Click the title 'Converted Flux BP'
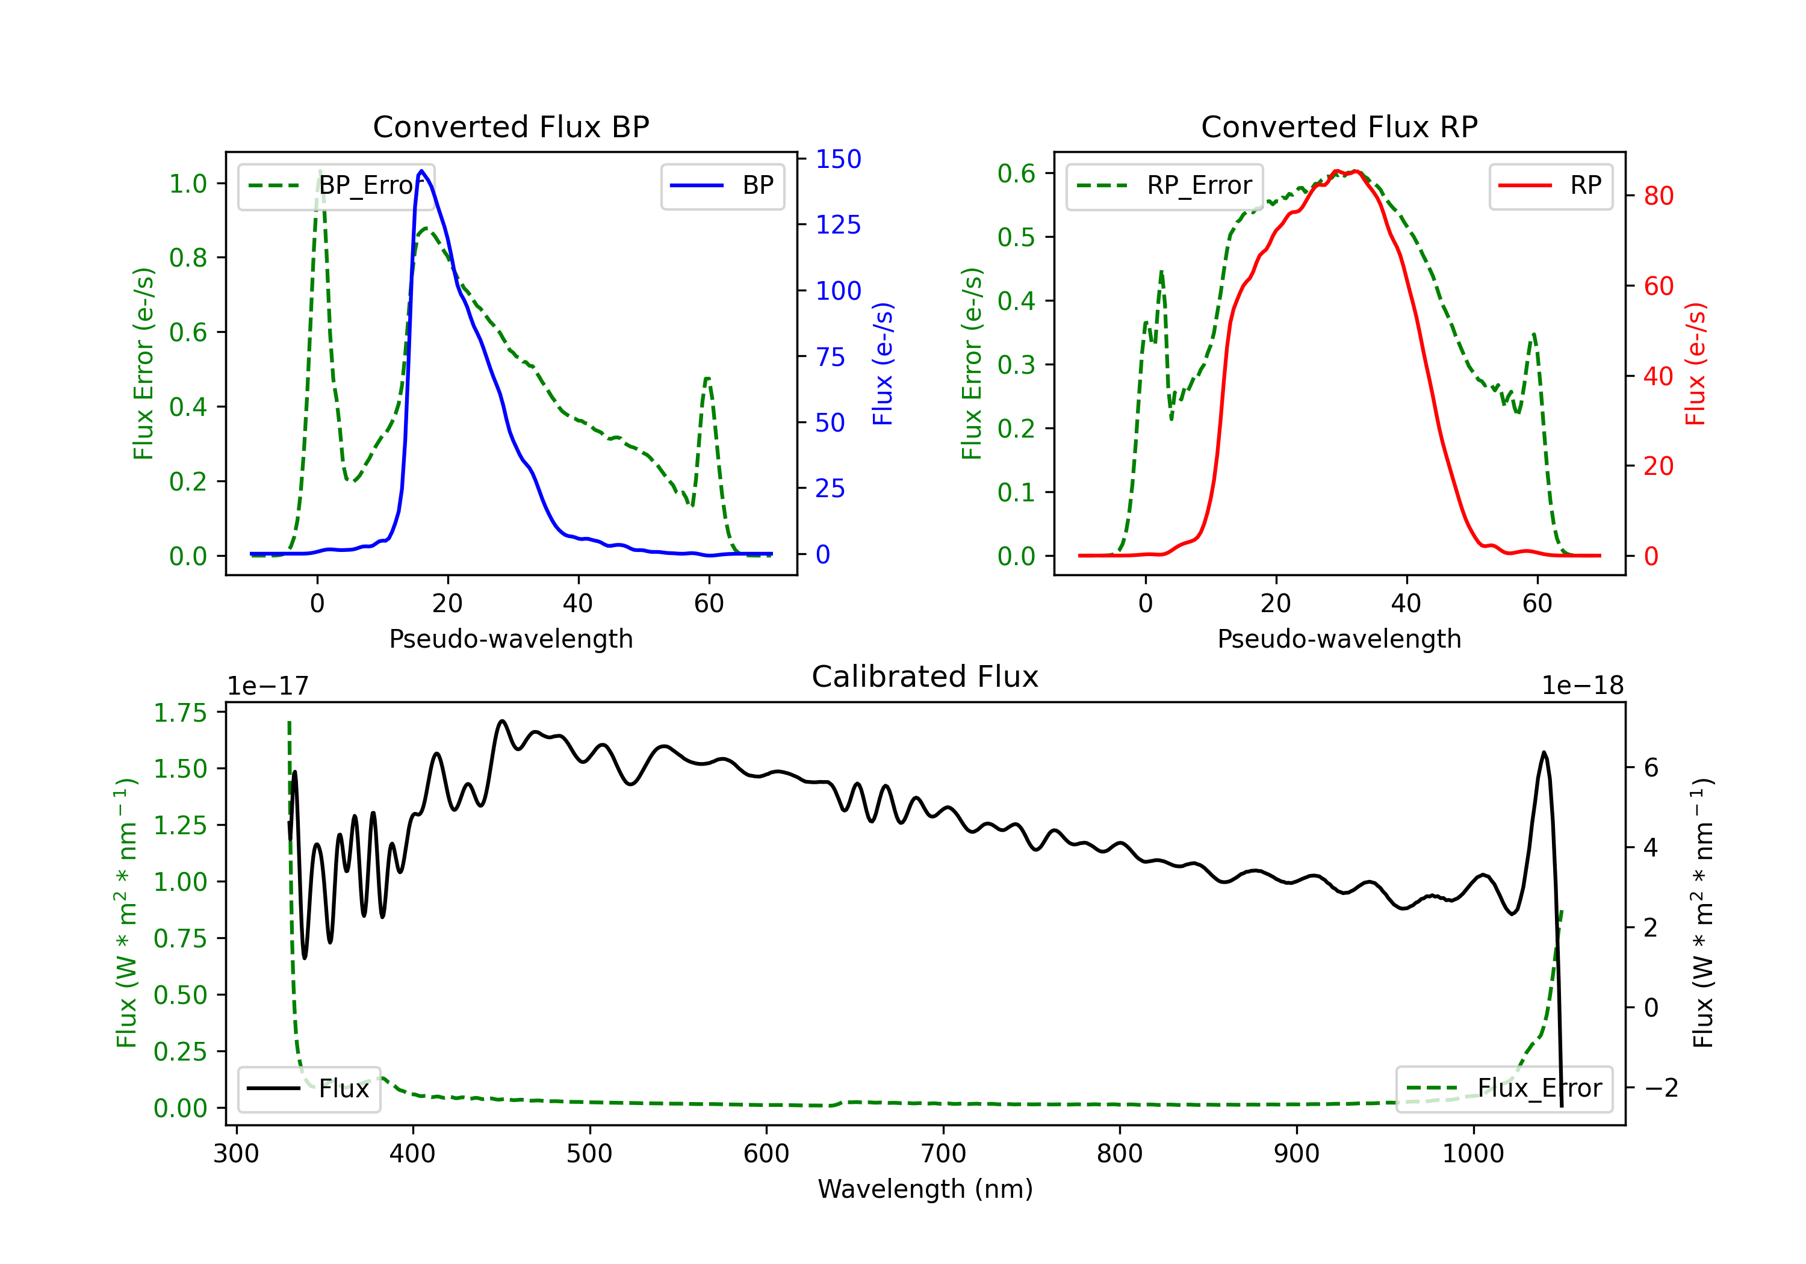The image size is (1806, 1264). click(x=510, y=126)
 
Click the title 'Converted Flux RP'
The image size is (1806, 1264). click(x=1339, y=126)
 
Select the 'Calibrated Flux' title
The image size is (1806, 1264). click(x=925, y=677)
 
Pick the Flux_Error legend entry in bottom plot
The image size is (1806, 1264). click(x=1504, y=1089)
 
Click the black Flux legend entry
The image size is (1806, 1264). click(x=308, y=1089)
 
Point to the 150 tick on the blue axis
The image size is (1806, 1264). click(x=838, y=159)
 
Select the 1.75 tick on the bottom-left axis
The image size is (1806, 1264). click(x=179, y=713)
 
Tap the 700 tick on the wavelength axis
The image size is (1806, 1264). click(x=943, y=1154)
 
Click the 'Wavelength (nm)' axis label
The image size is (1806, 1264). click(x=925, y=1189)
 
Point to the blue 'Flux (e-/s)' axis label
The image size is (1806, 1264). click(x=883, y=364)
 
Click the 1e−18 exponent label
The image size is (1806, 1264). click(x=1583, y=686)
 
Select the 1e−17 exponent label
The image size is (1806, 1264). click(x=268, y=686)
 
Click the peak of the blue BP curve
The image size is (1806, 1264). click(x=421, y=171)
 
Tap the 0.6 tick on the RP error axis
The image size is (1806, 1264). click(x=1016, y=173)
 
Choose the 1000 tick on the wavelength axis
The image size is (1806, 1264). click(x=1472, y=1154)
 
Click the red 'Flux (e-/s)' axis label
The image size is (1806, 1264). click(x=1696, y=364)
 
